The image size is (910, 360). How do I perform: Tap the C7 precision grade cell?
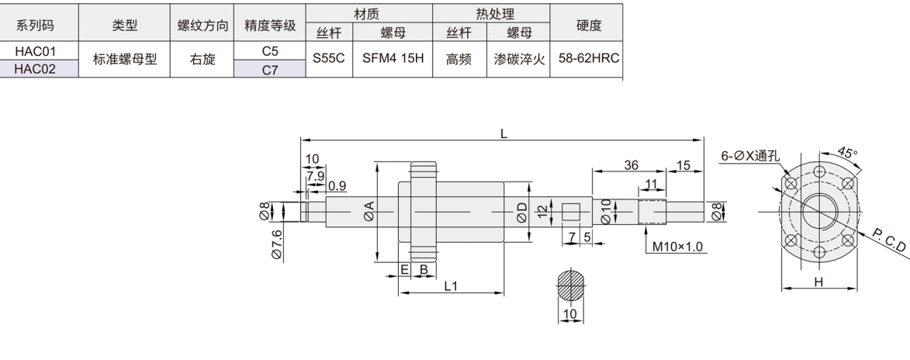270,71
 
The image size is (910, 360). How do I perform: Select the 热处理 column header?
490,13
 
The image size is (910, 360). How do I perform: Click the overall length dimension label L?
503,133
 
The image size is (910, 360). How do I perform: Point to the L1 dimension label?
451,285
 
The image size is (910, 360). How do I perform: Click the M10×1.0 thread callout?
677,247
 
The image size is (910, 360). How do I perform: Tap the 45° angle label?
849,153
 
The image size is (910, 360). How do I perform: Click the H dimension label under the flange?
818,282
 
